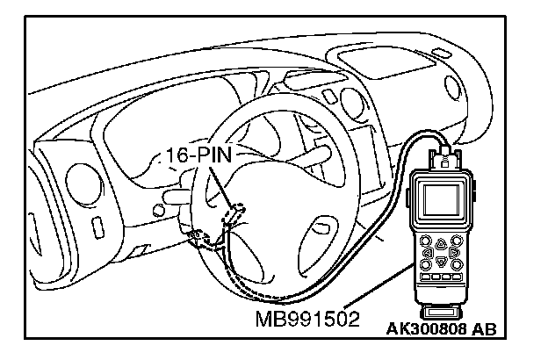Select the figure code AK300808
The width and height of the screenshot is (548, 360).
426,329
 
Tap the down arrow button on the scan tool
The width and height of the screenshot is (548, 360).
439,262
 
